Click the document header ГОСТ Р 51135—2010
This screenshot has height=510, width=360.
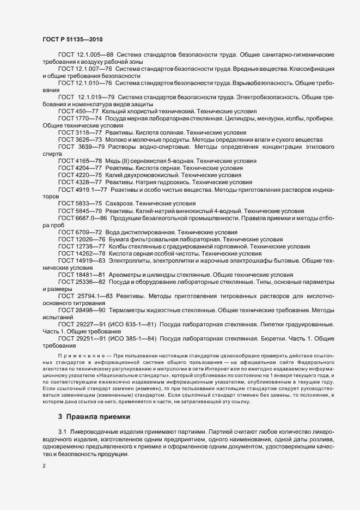(72, 39)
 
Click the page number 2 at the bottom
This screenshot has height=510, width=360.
(44, 466)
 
